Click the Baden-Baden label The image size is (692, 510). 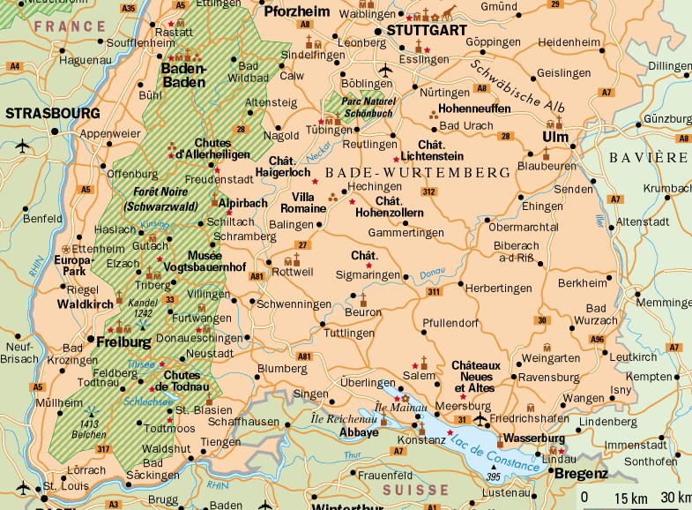click(x=183, y=75)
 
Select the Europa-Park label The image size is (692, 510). click(x=73, y=266)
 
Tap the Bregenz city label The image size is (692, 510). click(x=580, y=474)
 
